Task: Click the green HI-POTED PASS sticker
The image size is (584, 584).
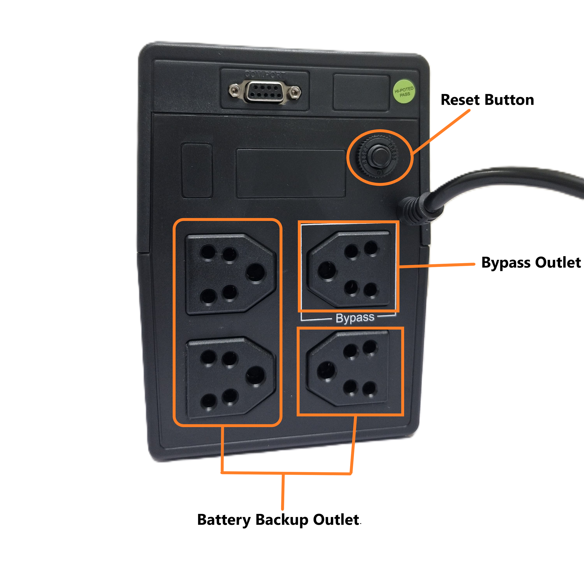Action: point(404,91)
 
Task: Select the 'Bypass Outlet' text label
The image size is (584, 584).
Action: point(531,262)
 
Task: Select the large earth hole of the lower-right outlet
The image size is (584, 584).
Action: point(326,370)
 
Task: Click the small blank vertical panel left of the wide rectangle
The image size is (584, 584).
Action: point(197,171)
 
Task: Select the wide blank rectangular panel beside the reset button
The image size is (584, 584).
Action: point(291,173)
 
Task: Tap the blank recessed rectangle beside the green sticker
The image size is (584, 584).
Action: point(361,93)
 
